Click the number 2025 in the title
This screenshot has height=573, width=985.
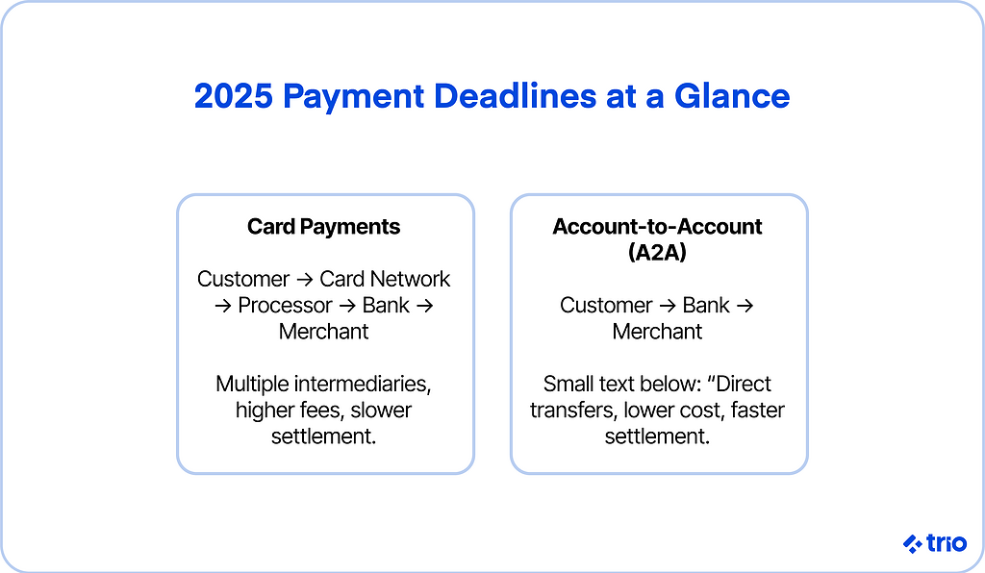tap(233, 96)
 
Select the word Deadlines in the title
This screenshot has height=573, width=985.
tap(515, 96)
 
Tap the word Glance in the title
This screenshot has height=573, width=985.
tap(732, 96)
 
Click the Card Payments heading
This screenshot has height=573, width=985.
tap(323, 227)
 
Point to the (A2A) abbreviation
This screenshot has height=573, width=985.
tap(657, 252)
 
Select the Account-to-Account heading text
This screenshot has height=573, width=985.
tap(657, 227)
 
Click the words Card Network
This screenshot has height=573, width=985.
tap(385, 279)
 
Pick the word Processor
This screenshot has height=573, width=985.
tap(285, 305)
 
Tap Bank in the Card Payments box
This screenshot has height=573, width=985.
tap(386, 305)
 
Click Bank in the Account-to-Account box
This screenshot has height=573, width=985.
tap(706, 305)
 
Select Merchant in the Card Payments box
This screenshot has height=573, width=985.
tap(323, 332)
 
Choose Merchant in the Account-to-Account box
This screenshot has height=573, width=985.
tap(657, 332)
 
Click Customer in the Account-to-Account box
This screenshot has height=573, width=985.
tap(606, 305)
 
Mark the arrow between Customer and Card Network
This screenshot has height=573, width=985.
tap(305, 279)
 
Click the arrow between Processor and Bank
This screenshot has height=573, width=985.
tap(347, 306)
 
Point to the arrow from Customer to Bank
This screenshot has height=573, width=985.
tap(668, 306)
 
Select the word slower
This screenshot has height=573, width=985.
tap(381, 410)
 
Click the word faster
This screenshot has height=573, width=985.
tap(758, 410)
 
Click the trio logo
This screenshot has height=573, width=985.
tap(935, 543)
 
